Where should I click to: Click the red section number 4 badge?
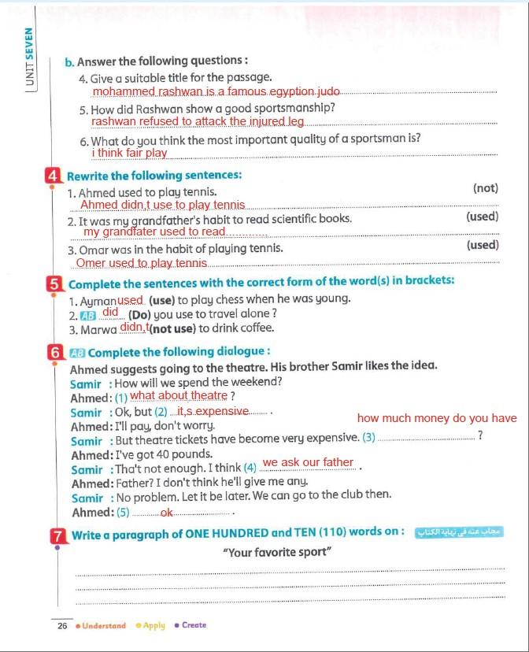coord(55,176)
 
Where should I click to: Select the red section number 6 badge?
coord(55,353)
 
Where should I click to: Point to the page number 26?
coord(62,626)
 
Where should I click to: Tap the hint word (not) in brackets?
coord(486,188)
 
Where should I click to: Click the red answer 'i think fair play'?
coord(129,153)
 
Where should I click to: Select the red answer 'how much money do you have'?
coord(437,419)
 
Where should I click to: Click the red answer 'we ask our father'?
coord(308,462)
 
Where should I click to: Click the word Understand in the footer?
coord(104,626)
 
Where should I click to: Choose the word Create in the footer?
coord(194,625)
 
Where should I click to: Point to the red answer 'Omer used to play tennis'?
coord(142,263)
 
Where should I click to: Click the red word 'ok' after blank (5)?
coord(166,513)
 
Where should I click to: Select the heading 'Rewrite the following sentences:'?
coord(154,176)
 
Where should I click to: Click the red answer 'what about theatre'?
coord(179,395)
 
